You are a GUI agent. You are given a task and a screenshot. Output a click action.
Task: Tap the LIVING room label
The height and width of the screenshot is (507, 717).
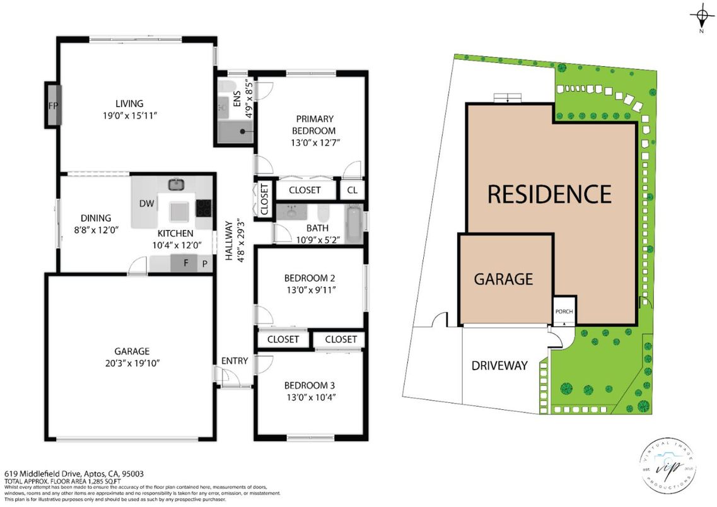(x=129, y=103)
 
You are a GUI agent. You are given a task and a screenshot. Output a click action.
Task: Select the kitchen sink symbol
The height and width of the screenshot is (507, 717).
(x=176, y=185)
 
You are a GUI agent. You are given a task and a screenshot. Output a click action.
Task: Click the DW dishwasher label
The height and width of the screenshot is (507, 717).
(x=146, y=204)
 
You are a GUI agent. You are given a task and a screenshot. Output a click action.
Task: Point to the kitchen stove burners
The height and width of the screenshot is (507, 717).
(x=204, y=207)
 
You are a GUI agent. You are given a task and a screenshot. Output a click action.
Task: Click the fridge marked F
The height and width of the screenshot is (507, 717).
(x=186, y=264)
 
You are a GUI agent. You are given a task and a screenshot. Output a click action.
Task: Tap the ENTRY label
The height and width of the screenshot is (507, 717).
(x=234, y=361)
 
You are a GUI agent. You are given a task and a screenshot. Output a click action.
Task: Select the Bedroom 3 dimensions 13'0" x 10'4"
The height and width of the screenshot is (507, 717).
(x=310, y=397)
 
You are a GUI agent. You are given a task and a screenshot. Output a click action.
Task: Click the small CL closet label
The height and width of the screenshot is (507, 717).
(x=352, y=190)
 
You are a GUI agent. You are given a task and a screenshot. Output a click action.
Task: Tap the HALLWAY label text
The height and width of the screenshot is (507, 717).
(x=239, y=249)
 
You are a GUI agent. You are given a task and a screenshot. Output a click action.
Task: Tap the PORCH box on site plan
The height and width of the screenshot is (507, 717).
(x=564, y=312)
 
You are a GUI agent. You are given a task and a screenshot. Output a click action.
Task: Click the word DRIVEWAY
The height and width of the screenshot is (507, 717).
(x=499, y=366)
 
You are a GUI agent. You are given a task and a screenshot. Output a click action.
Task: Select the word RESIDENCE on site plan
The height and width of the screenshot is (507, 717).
(x=549, y=194)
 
